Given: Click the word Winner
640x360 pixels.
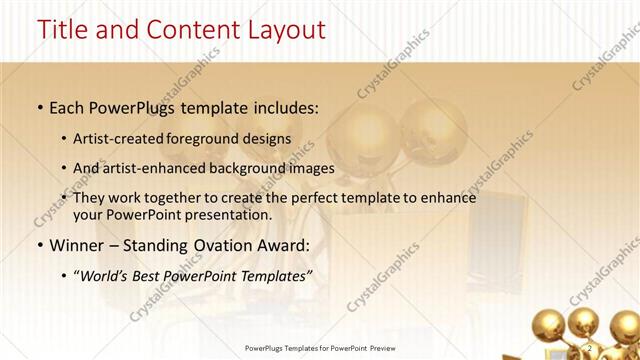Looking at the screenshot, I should pyautogui.click(x=74, y=244).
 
